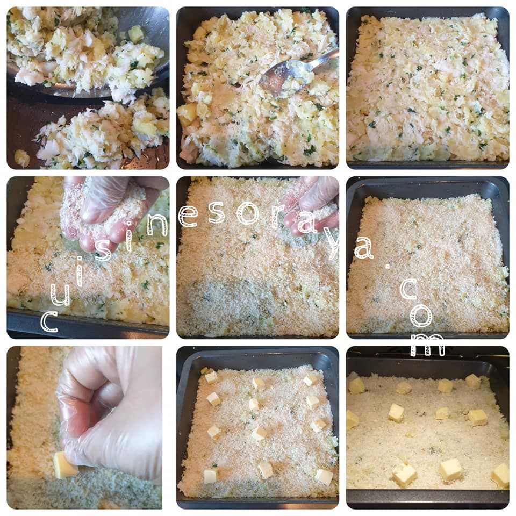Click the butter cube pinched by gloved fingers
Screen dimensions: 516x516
[65, 465]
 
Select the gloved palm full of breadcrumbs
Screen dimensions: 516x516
[105, 211]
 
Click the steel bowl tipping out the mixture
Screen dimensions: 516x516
[99, 49]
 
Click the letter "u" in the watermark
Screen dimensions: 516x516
[60, 294]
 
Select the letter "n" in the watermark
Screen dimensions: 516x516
[157, 225]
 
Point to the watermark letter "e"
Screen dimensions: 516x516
[188, 216]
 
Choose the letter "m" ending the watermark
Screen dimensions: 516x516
[428, 345]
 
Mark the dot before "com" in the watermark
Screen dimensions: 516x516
[388, 266]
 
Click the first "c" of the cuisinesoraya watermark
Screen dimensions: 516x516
[49, 321]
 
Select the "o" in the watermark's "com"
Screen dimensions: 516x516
[421, 315]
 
